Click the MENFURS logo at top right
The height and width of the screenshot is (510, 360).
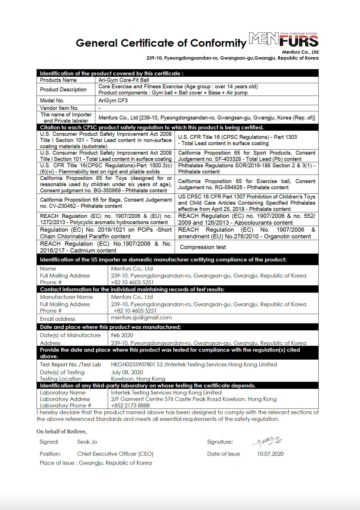tap(283, 40)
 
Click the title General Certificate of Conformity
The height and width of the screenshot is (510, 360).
tap(161, 43)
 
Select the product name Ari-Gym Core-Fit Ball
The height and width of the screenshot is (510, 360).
tap(124, 80)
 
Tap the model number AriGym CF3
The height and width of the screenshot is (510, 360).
tap(113, 100)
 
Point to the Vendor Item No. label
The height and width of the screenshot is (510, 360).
tap(59, 108)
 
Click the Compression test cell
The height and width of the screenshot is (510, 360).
tap(203, 247)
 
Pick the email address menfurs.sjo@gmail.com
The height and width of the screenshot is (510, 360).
tap(141, 318)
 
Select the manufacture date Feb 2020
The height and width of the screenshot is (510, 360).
tap(122, 335)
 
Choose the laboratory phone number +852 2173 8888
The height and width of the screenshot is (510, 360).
tap(130, 405)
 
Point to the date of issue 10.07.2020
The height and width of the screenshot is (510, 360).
tap(270, 454)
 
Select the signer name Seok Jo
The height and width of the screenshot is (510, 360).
tap(87, 442)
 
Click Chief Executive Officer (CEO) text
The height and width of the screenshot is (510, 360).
tap(115, 454)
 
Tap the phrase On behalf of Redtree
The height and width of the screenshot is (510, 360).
tap(62, 431)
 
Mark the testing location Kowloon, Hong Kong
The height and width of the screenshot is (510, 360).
tap(138, 379)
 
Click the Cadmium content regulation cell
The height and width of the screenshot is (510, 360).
tap(106, 247)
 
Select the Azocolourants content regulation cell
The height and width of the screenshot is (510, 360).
tap(247, 219)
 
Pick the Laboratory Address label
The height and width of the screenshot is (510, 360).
tap(65, 399)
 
